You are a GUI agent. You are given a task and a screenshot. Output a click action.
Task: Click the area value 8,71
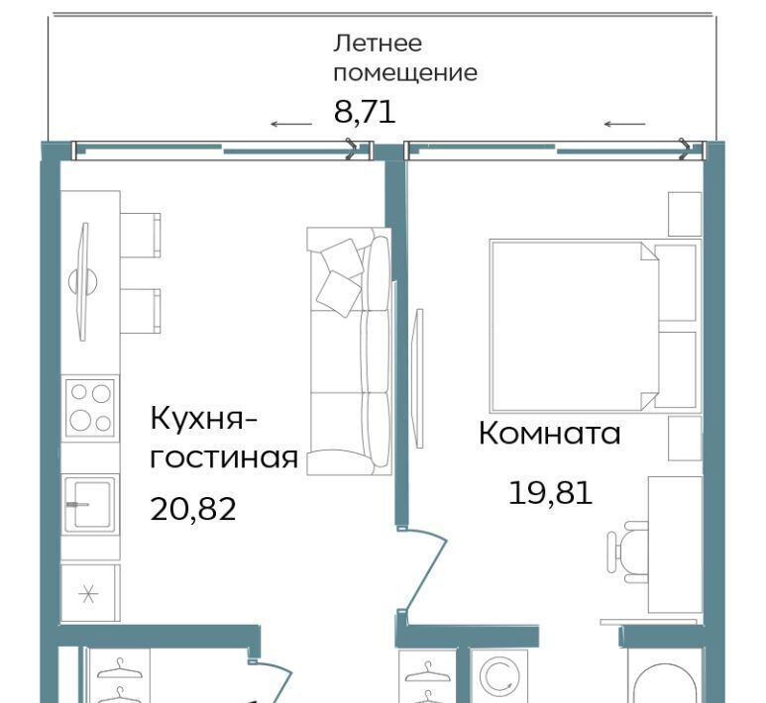pos(365,112)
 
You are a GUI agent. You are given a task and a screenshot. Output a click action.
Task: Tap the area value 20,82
pos(193,509)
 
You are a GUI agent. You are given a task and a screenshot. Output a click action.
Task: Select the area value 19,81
pos(551,492)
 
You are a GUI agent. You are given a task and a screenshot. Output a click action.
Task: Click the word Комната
pos(550,433)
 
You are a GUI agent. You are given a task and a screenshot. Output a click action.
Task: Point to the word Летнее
pos(378,43)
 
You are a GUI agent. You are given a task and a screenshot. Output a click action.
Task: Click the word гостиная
pos(224,457)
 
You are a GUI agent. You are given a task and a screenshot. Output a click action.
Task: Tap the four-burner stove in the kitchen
pos(90,408)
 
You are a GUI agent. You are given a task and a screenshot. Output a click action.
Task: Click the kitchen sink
pos(90,504)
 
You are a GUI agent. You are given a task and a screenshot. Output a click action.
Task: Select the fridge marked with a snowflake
pos(90,594)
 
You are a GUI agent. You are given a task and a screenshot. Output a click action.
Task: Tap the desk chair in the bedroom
pos(627,552)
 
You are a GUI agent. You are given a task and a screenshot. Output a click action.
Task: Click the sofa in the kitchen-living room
pos(349,351)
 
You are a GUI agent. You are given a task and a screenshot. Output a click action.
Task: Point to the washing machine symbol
pos(497,675)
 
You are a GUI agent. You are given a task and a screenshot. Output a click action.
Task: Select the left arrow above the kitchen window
pos(291,124)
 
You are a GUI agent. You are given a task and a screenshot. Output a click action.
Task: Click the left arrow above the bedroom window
pos(625,124)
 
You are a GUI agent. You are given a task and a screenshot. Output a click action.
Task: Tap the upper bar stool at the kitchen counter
pos(141,235)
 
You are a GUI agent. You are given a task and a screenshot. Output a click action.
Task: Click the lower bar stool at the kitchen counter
pos(141,311)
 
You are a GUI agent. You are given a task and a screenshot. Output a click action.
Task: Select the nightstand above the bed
pos(685,214)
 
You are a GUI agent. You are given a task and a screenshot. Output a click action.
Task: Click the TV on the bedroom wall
pos(418,378)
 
